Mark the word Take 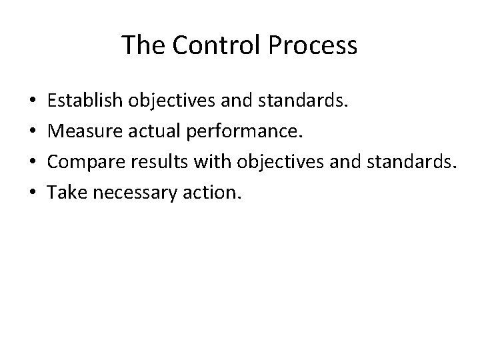point(65,193)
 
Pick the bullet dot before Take point(33,194)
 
